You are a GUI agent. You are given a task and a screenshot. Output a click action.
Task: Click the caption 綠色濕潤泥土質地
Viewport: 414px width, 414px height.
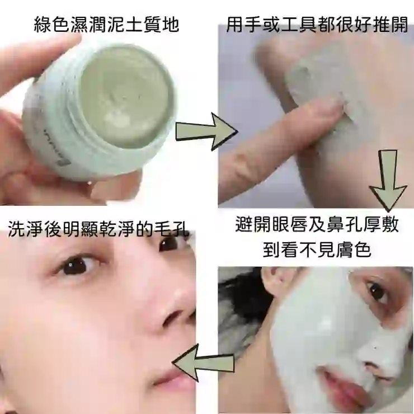pos(107,25)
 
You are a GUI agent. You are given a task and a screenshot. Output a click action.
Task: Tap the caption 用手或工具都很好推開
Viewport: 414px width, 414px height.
pos(317,25)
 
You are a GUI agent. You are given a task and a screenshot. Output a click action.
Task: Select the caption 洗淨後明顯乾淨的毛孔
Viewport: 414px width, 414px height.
pos(98,228)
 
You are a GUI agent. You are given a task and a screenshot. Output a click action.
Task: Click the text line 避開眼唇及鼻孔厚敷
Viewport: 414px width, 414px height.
pos(317,224)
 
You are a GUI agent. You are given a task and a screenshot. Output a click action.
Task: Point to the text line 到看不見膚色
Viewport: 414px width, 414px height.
pos(317,249)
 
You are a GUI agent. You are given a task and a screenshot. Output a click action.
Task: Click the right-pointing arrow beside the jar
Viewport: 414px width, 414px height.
pos(206,131)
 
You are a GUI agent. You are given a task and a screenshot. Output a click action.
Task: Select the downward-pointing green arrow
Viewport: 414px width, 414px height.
pos(388,181)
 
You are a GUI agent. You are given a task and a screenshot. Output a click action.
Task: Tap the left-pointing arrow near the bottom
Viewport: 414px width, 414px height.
pos(203,363)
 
